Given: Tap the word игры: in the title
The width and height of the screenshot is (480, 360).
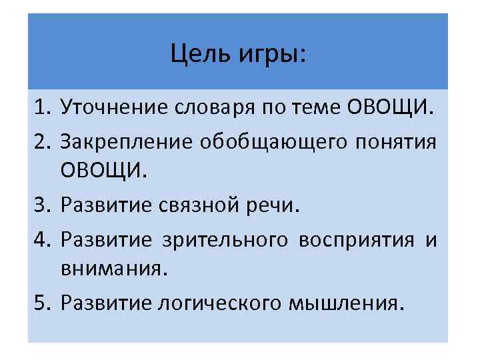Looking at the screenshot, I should pyautogui.click(x=269, y=54).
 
